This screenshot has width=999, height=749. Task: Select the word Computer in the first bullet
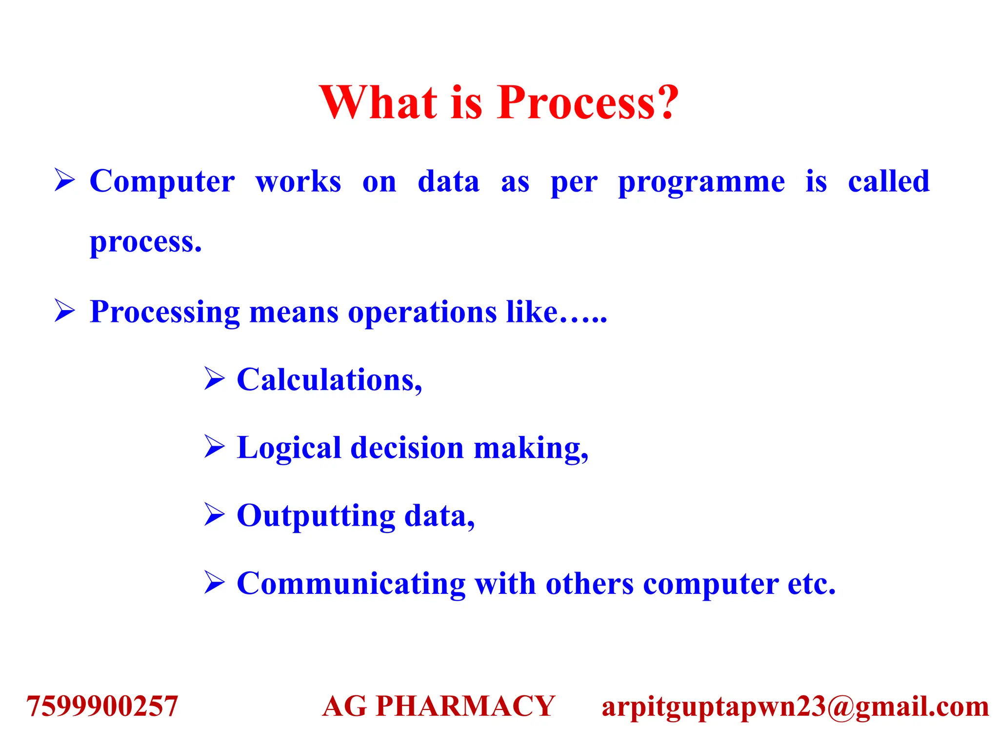pos(162,182)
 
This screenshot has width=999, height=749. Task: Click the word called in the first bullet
pos(888,181)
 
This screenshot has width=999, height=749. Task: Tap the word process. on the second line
pos(145,242)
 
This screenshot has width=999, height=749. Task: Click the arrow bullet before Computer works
pos(64,180)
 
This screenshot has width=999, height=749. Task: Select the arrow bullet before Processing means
pos(64,311)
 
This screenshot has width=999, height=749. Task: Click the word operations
pos(421,313)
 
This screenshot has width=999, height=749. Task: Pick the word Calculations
pos(329,380)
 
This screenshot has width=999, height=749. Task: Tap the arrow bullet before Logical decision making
pos(214,447)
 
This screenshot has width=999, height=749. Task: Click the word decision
pos(407,448)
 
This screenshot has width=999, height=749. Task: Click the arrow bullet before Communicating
pos(214,583)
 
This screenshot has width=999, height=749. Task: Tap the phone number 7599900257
pos(102,706)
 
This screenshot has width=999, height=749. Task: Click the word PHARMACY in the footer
pos(465,706)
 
